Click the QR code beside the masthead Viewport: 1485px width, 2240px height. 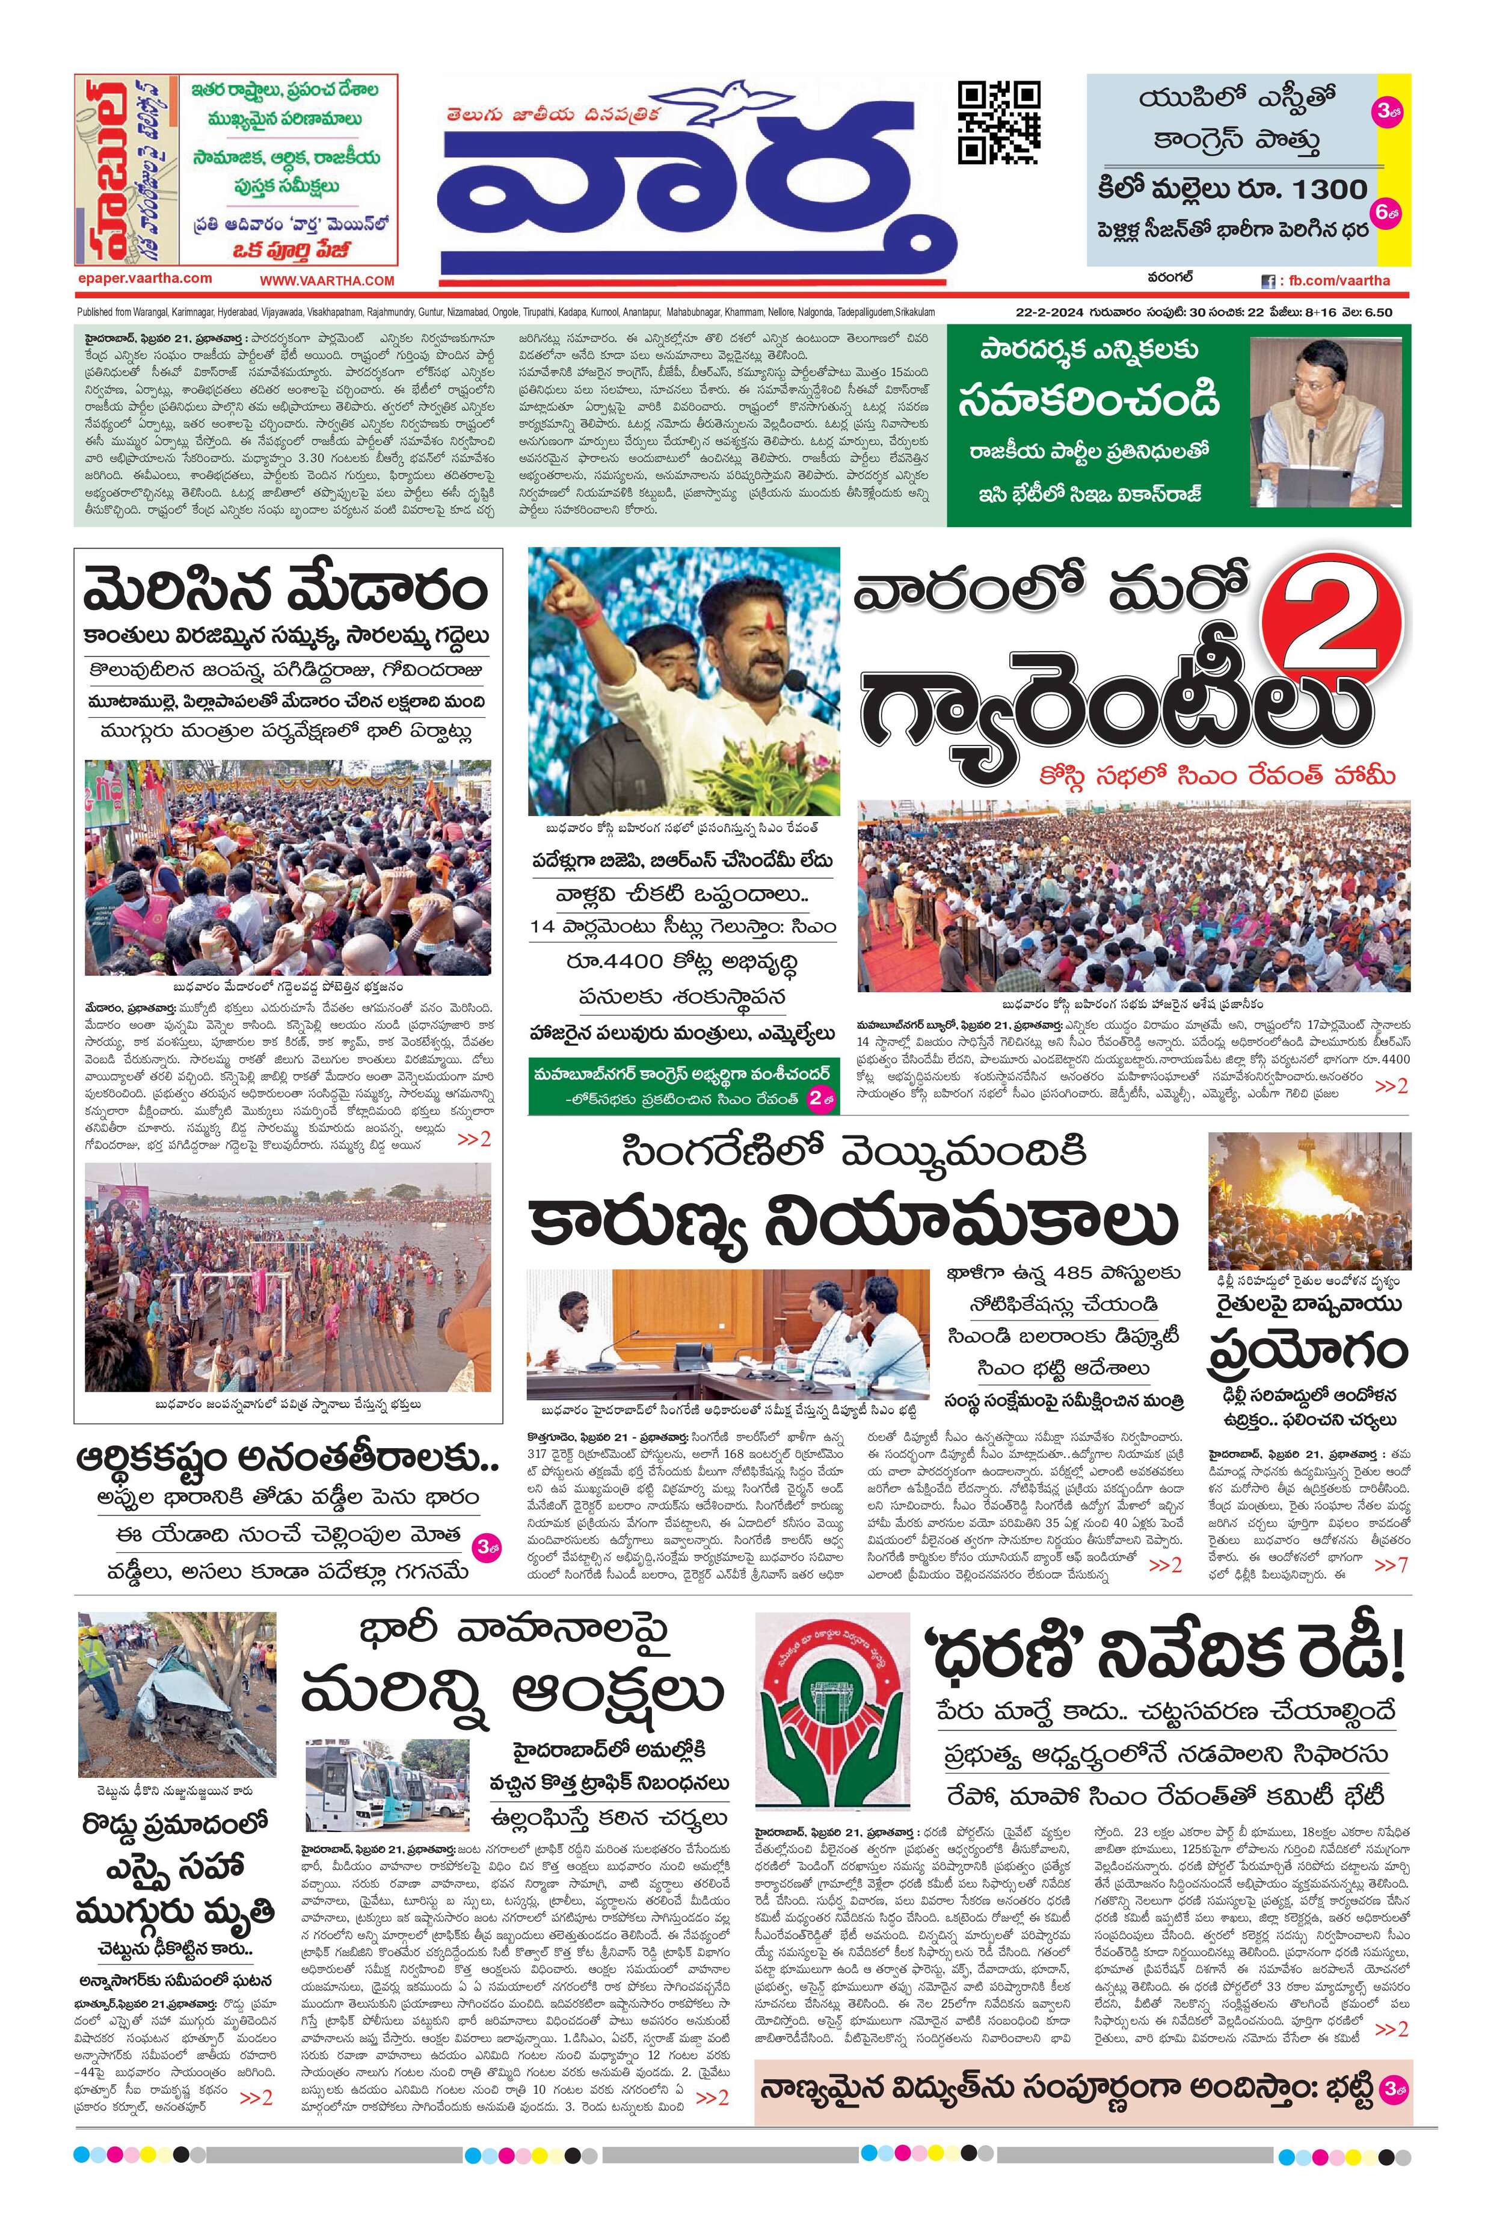pos(998,123)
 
